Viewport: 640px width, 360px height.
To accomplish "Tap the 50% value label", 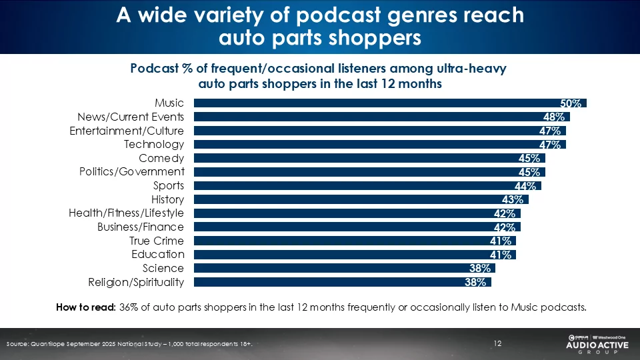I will tap(571, 103).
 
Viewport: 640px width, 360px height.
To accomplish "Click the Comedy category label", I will tap(161, 158).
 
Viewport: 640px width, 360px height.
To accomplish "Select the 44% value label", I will tap(526, 186).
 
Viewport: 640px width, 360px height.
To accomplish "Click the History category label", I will tap(167, 199).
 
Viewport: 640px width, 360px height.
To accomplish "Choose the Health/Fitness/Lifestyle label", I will tap(126, 213).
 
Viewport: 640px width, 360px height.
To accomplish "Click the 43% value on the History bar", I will tap(513, 199).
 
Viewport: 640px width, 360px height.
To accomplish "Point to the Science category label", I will tap(163, 268).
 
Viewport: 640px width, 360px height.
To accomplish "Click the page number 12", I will tap(497, 343).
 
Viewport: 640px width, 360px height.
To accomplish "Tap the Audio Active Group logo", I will tap(595, 344).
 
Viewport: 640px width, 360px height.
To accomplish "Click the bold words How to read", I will tap(86, 307).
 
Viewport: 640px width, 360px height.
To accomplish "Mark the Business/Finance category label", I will tap(140, 227).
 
